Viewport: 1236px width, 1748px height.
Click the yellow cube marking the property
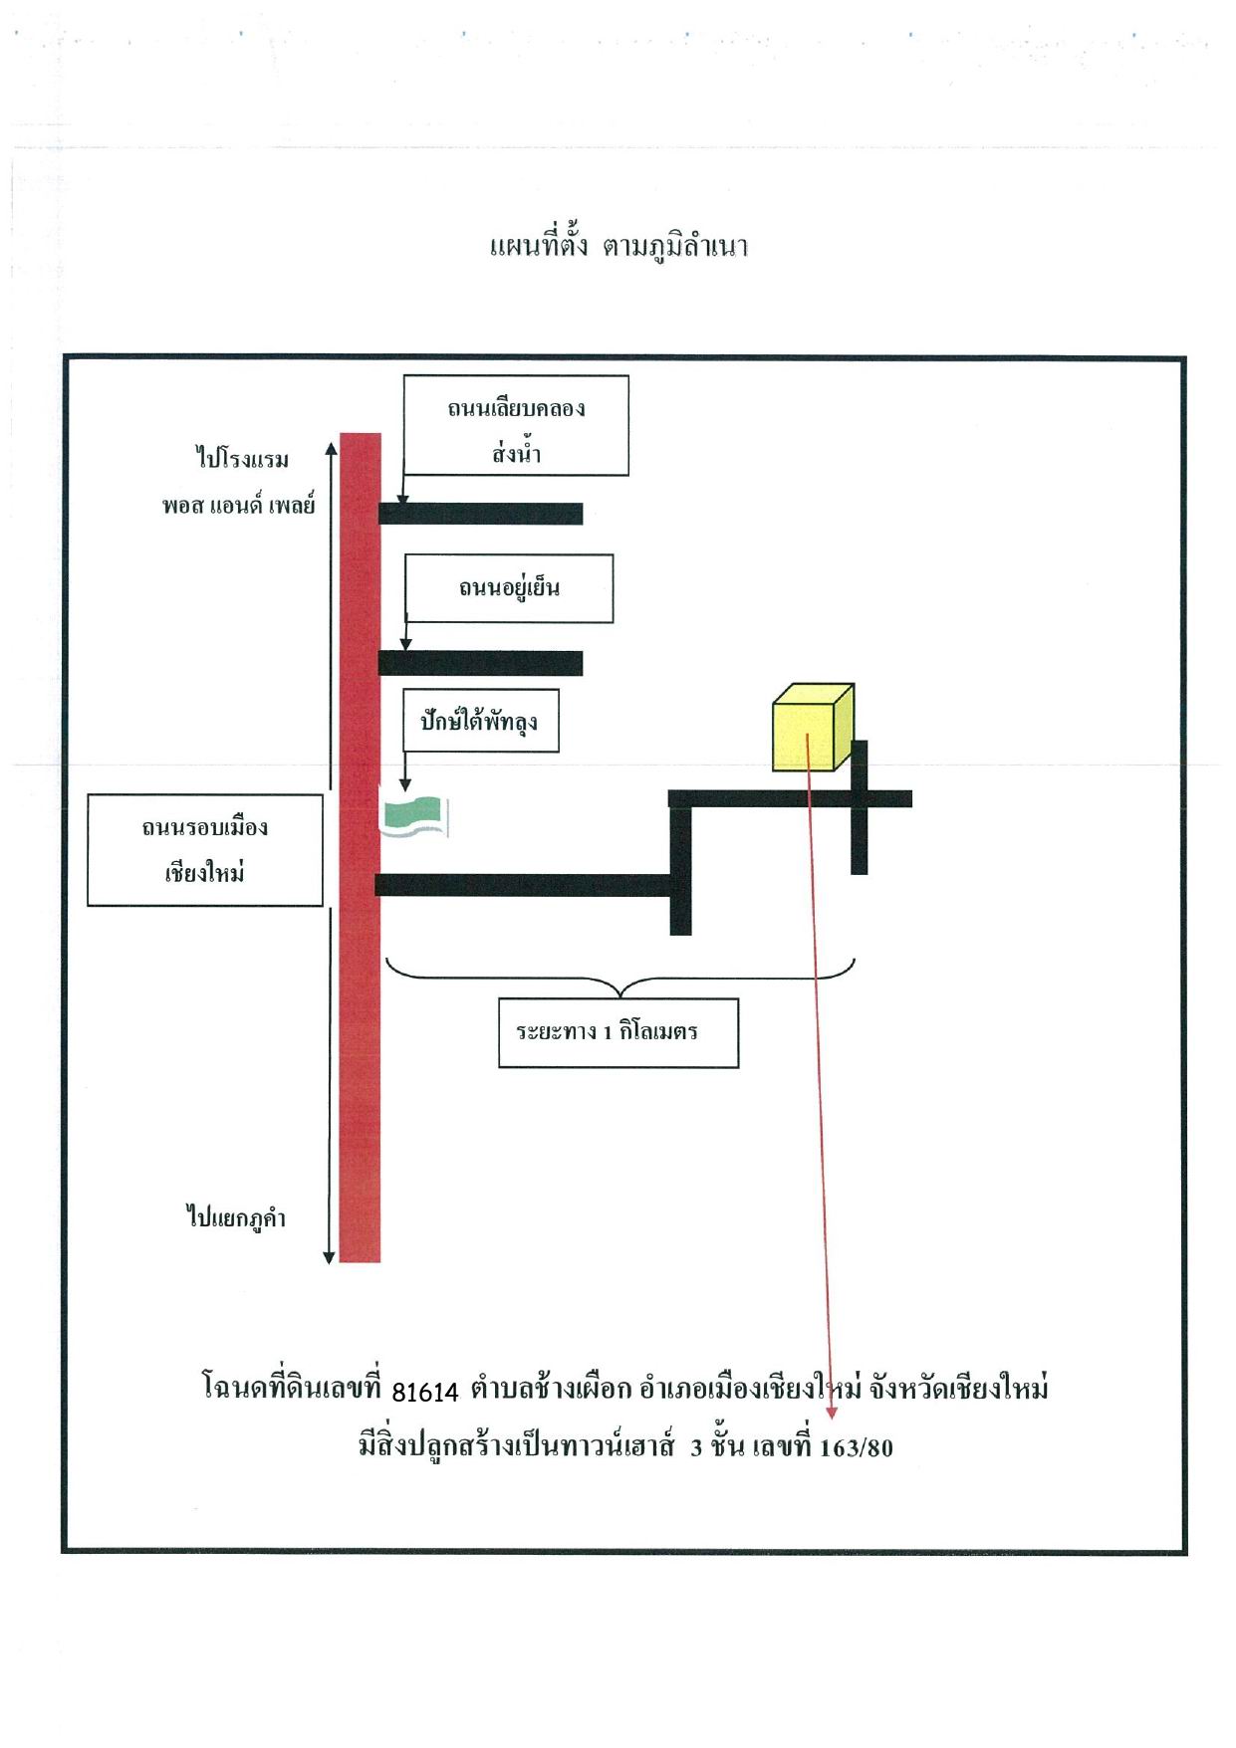pos(813,728)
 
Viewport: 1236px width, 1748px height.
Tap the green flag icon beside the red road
pos(416,816)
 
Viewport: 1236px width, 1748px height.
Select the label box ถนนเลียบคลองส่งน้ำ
pos(516,426)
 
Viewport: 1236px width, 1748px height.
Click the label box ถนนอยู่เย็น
pos(509,588)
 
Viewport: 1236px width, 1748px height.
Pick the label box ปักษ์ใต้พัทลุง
pos(481,720)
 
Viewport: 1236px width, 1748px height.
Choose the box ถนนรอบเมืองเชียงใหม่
pos(205,850)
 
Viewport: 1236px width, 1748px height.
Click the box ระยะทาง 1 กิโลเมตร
pos(618,1033)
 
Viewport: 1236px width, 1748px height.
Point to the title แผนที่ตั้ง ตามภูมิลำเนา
pos(618,246)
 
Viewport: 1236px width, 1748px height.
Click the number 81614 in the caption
pos(425,1391)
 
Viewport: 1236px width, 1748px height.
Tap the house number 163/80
pos(857,1447)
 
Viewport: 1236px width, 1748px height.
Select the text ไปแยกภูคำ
pos(236,1216)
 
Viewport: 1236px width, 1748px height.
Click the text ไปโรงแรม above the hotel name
pos(242,459)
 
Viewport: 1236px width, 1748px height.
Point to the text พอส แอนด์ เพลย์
pos(239,505)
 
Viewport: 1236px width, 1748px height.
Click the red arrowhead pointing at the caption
pos(832,1413)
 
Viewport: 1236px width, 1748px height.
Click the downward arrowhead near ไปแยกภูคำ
pos(330,1256)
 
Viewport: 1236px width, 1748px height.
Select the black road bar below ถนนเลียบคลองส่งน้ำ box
pos(480,514)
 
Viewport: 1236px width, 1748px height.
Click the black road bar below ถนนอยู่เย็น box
pos(480,663)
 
